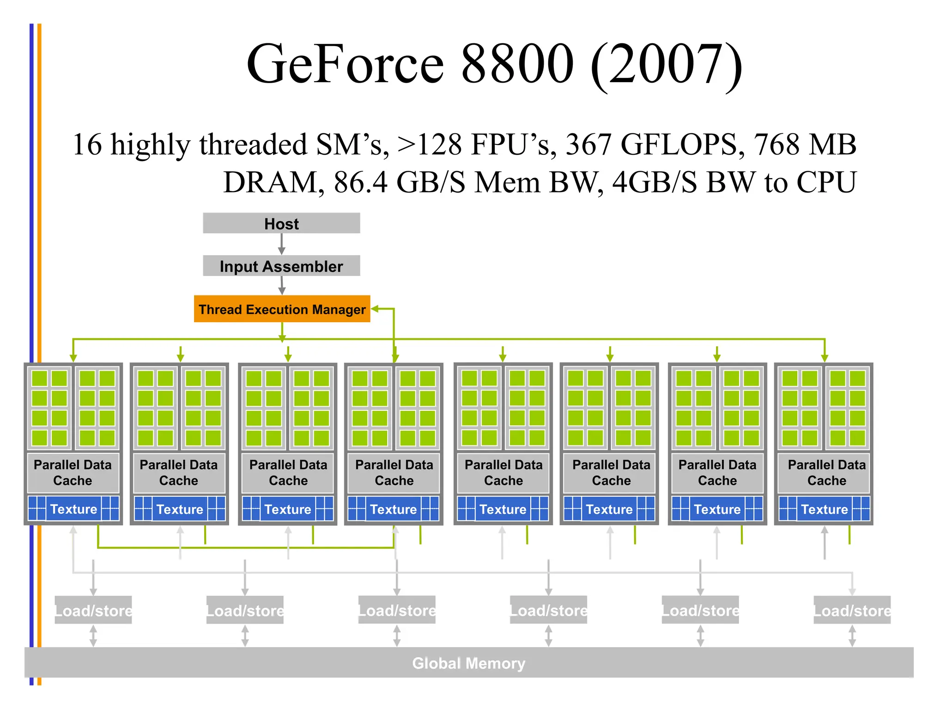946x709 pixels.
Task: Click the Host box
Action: coord(281,223)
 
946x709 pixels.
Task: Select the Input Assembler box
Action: coord(281,266)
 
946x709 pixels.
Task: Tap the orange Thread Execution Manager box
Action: coord(282,309)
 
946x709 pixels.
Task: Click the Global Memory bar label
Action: coord(468,663)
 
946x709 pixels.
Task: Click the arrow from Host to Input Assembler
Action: coord(281,244)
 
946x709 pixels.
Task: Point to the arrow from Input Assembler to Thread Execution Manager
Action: coord(282,285)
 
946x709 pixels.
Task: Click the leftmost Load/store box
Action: coord(93,610)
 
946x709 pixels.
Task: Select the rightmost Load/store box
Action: coord(852,610)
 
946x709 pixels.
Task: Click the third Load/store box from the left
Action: coord(397,610)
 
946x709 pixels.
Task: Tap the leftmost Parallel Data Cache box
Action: coord(73,473)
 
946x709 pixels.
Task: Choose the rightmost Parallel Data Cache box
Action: coord(826,473)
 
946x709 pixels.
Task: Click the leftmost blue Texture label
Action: coord(73,509)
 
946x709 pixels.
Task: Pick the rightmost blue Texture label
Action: coord(824,509)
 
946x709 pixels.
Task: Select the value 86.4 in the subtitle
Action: coord(361,182)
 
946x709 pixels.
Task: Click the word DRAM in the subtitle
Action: coord(271,182)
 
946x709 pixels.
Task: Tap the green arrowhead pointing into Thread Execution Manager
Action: coord(375,309)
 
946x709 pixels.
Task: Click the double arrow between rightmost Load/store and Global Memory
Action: coord(852,636)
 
